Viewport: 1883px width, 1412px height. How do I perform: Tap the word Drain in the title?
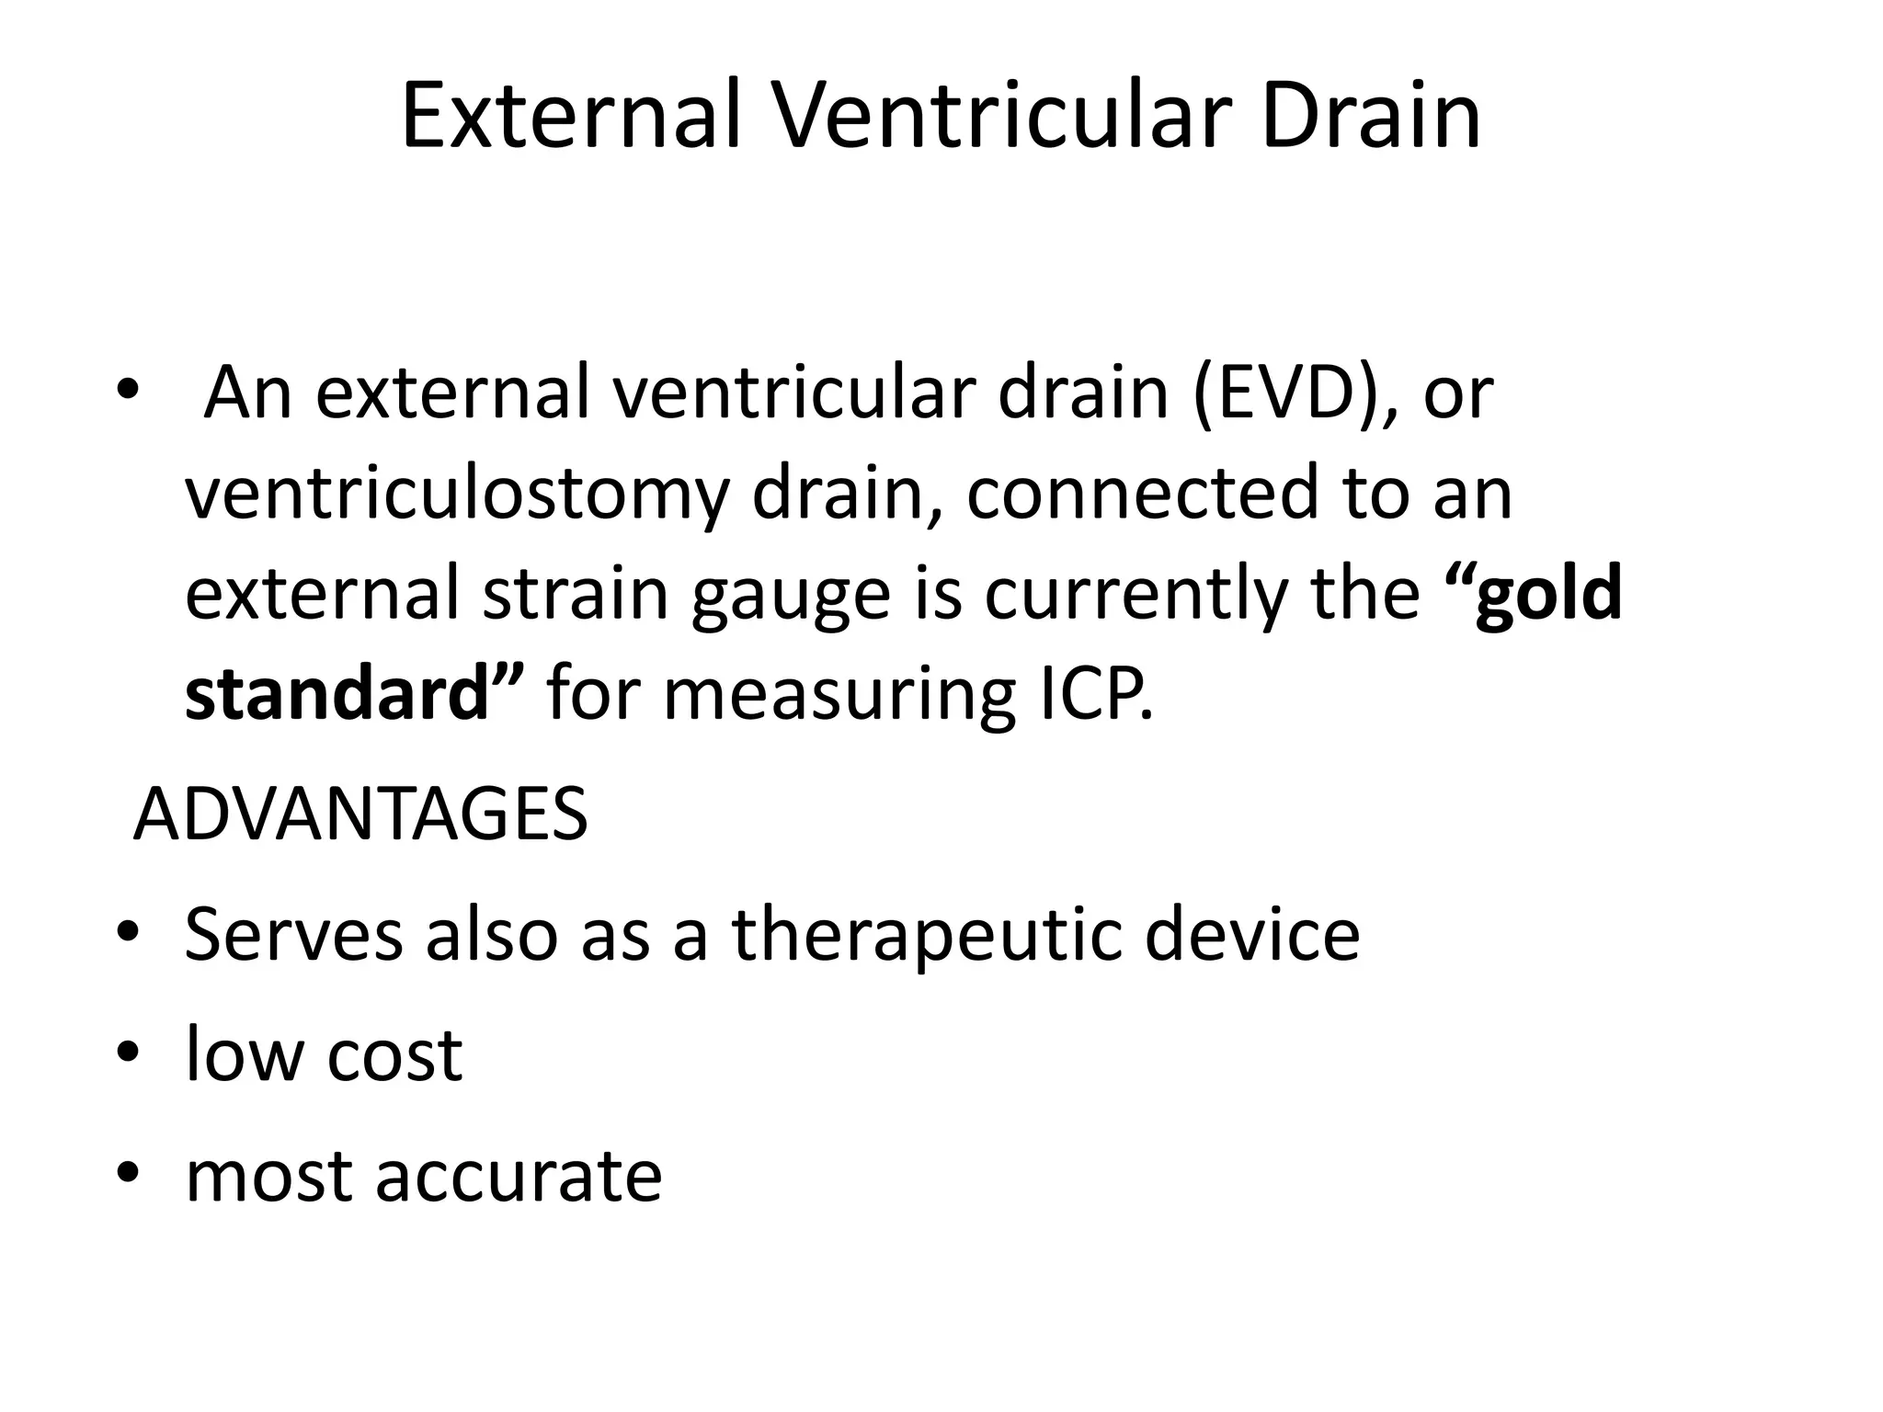pyautogui.click(x=1371, y=117)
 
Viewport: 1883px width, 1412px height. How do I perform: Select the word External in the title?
pyautogui.click(x=571, y=117)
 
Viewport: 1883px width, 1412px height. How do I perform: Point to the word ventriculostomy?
pyautogui.click(x=457, y=495)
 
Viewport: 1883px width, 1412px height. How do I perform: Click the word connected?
pyautogui.click(x=1141, y=493)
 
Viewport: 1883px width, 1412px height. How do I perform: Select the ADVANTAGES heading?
pyautogui.click(x=360, y=814)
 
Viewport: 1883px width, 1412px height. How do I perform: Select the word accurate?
pyautogui.click(x=519, y=1177)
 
